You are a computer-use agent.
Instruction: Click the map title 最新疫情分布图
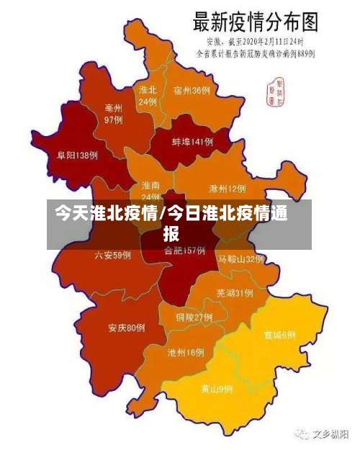[256, 22]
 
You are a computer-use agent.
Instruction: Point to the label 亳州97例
[114, 114]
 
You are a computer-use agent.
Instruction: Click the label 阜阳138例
[78, 155]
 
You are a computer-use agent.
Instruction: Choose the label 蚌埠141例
[192, 143]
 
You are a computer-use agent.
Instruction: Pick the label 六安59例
[113, 255]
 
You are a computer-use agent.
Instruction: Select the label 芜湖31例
[235, 293]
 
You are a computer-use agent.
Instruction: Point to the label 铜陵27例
[194, 317]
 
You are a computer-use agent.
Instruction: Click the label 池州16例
[186, 353]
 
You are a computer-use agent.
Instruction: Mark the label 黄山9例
[217, 389]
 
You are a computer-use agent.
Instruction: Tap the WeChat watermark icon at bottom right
[297, 434]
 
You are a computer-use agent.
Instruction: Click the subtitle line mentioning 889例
[257, 53]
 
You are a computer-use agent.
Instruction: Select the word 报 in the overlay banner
[171, 234]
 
